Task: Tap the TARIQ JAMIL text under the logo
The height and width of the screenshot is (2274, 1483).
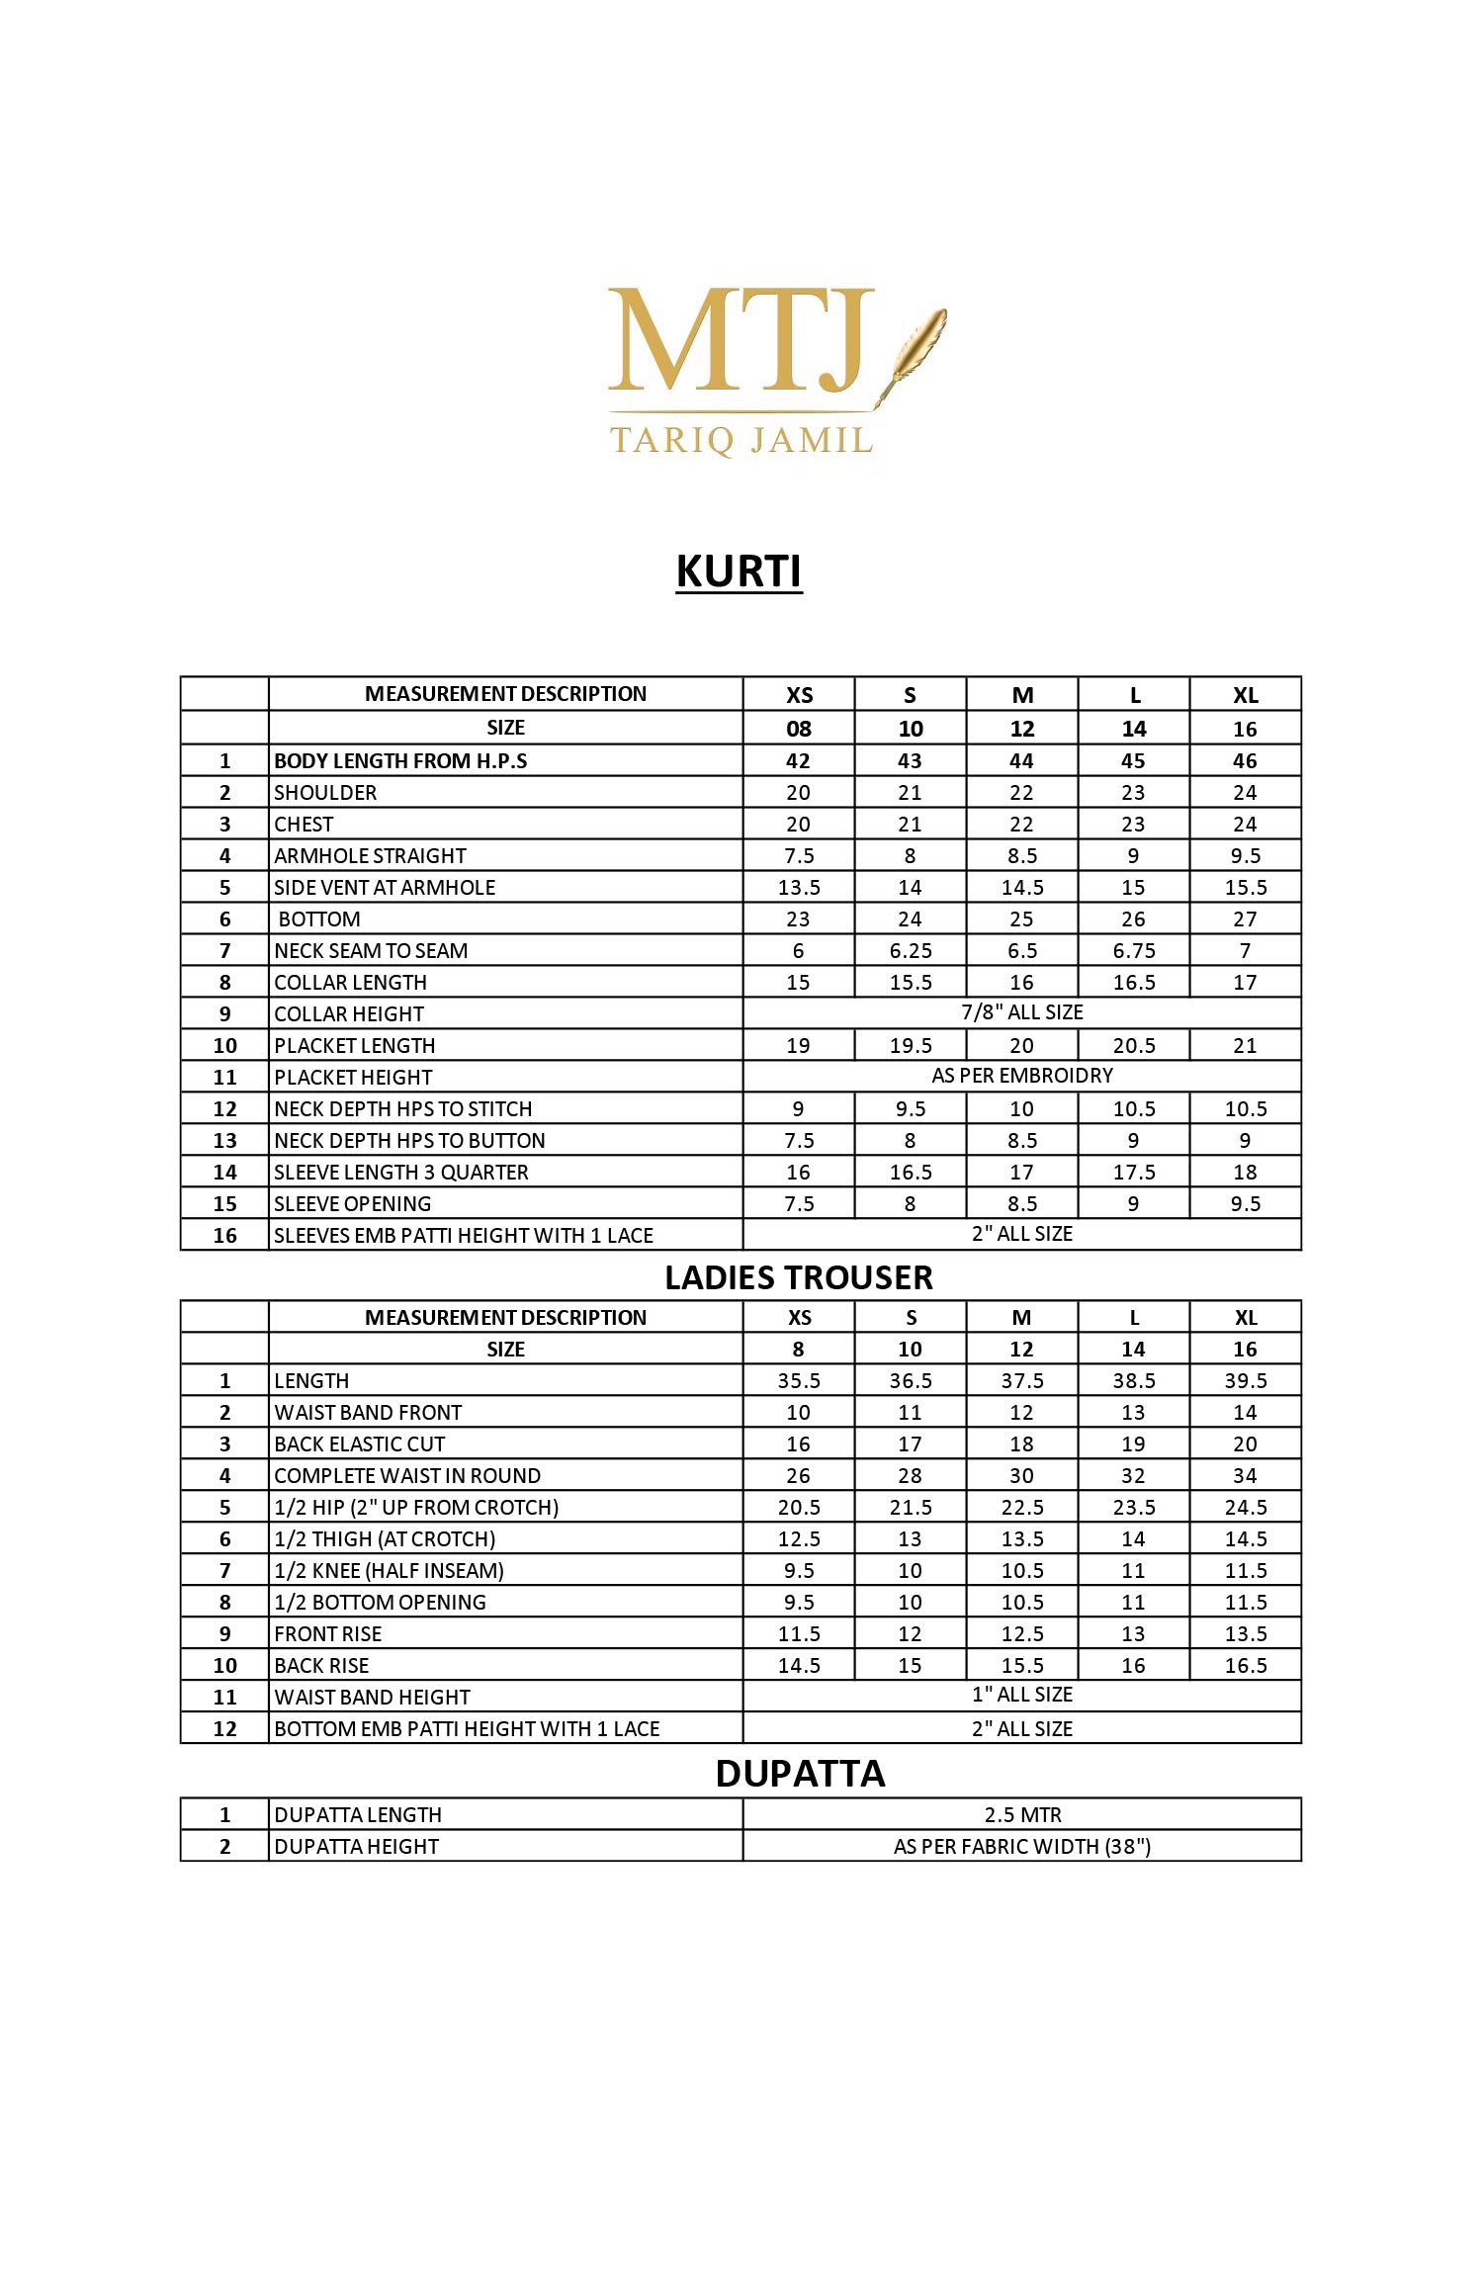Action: [741, 440]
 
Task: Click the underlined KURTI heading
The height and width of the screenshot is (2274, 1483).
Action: [739, 571]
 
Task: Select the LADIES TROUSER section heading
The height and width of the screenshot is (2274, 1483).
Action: [798, 1277]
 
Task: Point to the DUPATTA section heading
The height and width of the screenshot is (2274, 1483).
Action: [800, 1773]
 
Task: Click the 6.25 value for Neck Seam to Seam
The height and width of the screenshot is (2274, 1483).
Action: [910, 950]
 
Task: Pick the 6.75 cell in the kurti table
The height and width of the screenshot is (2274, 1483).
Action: [1133, 950]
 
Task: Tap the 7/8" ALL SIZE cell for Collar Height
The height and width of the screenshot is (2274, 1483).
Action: [1021, 1012]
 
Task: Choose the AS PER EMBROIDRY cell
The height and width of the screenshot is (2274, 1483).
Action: [1021, 1076]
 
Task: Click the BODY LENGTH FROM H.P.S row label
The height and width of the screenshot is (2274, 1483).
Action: [400, 760]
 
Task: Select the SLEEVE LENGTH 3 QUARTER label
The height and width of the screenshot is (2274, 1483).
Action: [400, 1172]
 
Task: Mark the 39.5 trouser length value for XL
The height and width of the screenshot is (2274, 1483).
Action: [1245, 1380]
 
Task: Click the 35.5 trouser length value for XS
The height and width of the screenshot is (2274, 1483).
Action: [798, 1380]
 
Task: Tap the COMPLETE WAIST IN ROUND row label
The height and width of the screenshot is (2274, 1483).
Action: [407, 1475]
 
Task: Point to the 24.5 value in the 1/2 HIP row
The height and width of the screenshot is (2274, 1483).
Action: [1245, 1507]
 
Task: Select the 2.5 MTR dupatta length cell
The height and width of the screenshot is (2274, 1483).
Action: [1021, 1814]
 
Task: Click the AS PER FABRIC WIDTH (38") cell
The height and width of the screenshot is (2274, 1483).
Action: [1021, 1846]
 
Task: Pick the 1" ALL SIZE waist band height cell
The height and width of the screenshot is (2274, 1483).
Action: [1021, 1695]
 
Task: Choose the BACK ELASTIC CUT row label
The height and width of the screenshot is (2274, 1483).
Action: [360, 1443]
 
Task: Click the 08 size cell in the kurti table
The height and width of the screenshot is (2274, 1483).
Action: [798, 729]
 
